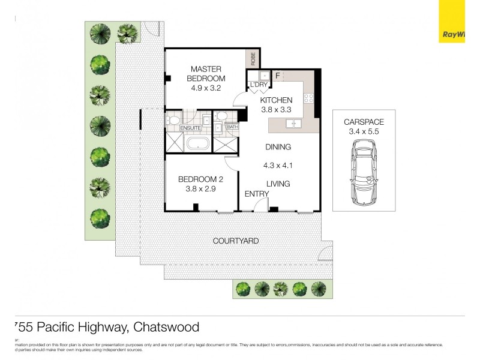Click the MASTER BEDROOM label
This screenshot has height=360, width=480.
[x=206, y=74]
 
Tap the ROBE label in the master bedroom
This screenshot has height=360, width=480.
[x=253, y=58]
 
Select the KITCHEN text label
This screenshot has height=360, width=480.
[x=276, y=100]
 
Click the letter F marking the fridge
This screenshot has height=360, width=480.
[x=277, y=76]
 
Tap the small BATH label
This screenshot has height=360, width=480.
[x=232, y=127]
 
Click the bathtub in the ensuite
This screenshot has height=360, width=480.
[x=197, y=144]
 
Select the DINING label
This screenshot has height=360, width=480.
[x=278, y=147]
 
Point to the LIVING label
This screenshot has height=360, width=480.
[x=278, y=184]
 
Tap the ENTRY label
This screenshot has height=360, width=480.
[x=256, y=194]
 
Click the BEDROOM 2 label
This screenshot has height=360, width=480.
[x=200, y=179]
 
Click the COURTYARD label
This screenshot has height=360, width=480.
[x=236, y=241]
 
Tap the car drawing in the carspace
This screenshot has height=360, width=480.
[x=364, y=173]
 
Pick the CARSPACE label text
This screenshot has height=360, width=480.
[x=364, y=122]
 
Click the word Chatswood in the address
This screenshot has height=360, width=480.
[x=166, y=327]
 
